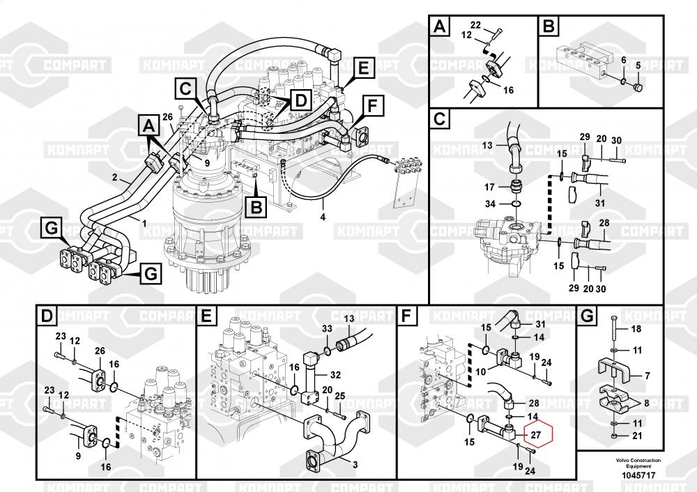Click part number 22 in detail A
(x=475, y=25)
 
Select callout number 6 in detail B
(x=623, y=61)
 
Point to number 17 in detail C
(x=490, y=187)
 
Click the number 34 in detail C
(x=490, y=203)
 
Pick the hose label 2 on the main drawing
(x=115, y=177)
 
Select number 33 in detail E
(x=327, y=328)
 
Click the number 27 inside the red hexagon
(x=535, y=435)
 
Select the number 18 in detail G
(x=635, y=328)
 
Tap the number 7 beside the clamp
(x=647, y=376)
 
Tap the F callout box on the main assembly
(x=373, y=107)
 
